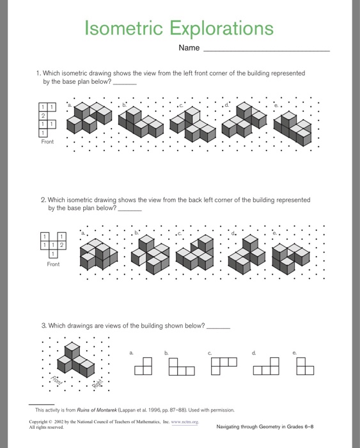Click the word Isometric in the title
123,28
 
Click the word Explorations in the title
221,28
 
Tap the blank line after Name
267,51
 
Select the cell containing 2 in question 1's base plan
43,116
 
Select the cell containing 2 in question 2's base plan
61,245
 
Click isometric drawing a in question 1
89,118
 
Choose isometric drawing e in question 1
292,128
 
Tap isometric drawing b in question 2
150,254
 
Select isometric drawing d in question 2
247,254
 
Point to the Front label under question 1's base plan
47,141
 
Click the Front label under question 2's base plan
53,264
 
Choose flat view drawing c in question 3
224,366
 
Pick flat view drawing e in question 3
305,366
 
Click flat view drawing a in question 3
143,366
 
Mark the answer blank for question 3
219,328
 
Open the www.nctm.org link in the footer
184,422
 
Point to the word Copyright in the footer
38,422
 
